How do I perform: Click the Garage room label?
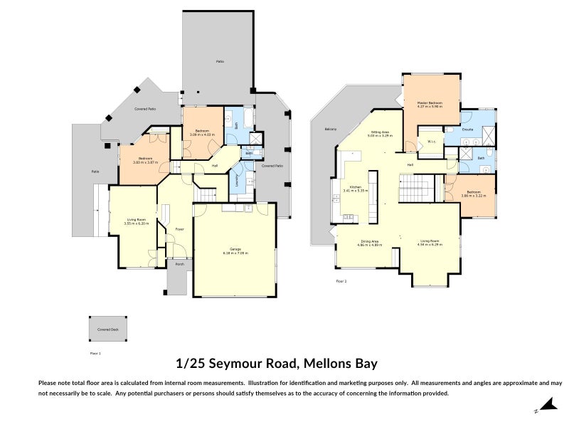pyautogui.click(x=235, y=249)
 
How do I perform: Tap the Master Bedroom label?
pyautogui.click(x=430, y=103)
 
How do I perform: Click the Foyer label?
pyautogui.click(x=180, y=229)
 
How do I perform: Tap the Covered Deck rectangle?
pyautogui.click(x=109, y=329)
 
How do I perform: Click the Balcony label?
pyautogui.click(x=330, y=129)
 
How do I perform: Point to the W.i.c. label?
pyautogui.click(x=432, y=142)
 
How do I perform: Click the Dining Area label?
pyautogui.click(x=369, y=241)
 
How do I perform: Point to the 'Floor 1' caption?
pyautogui.click(x=95, y=353)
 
